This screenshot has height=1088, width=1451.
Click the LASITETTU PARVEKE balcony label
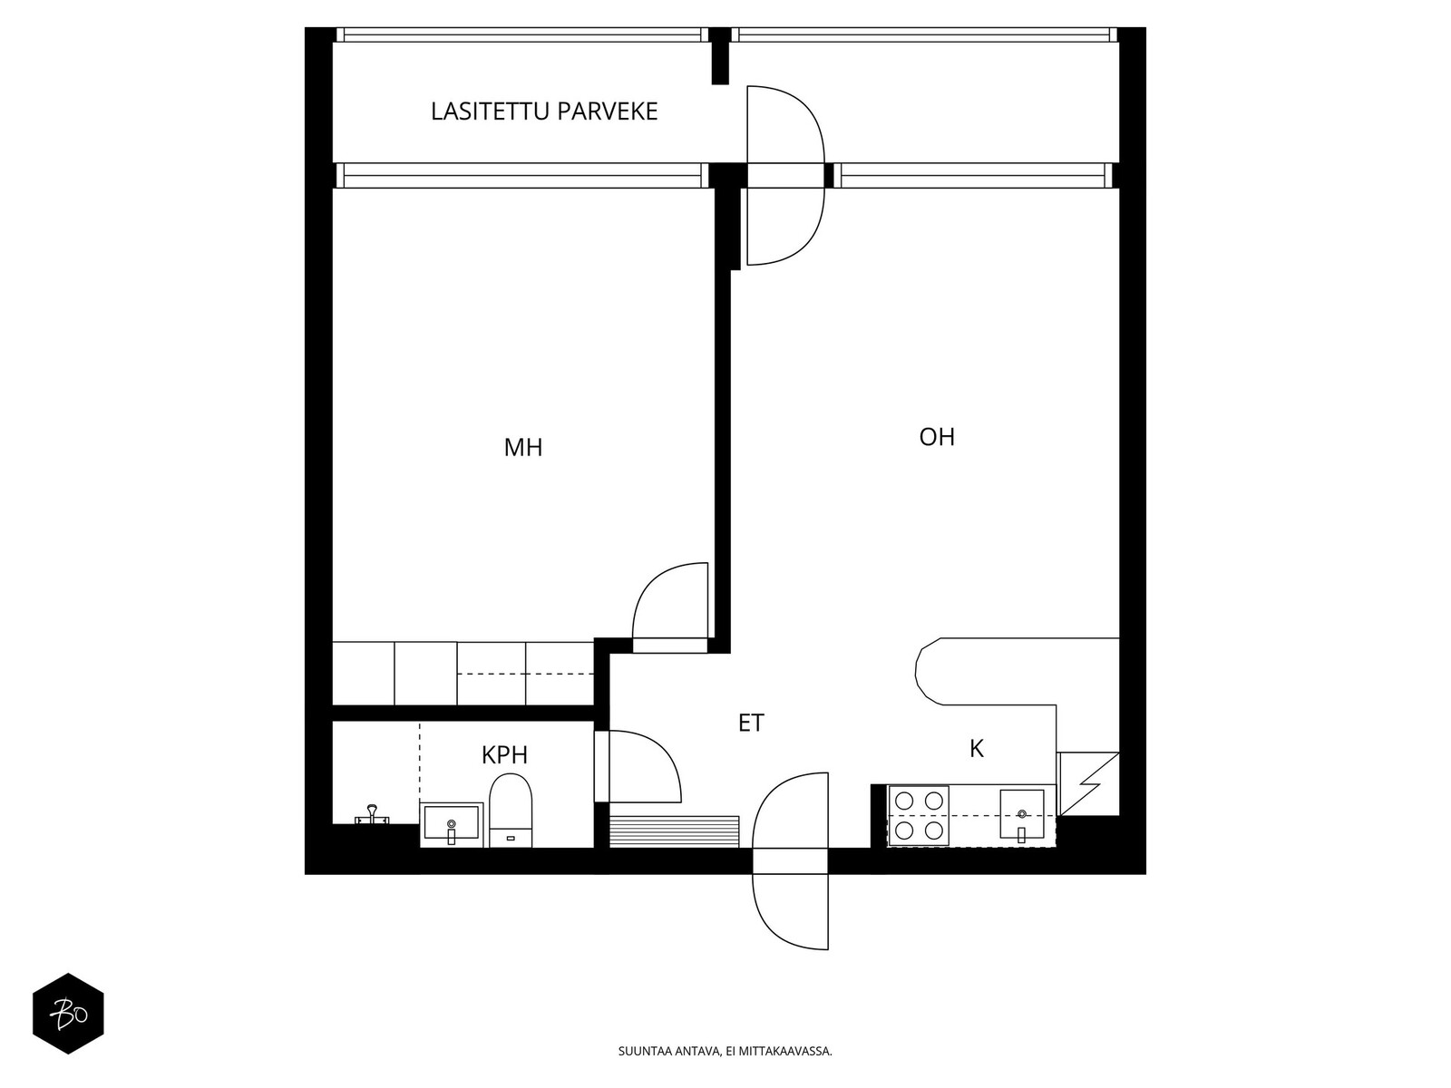click(543, 111)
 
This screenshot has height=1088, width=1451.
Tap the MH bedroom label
click(523, 447)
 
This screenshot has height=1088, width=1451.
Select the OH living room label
click(937, 437)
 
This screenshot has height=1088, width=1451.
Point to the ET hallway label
click(751, 723)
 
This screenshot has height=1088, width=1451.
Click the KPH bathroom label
click(504, 755)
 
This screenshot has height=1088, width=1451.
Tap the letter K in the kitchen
click(977, 749)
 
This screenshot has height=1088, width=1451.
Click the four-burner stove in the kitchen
click(918, 815)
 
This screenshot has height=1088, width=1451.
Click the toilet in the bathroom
click(511, 811)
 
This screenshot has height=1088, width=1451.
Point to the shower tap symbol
click(372, 813)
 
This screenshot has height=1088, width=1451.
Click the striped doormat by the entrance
click(674, 831)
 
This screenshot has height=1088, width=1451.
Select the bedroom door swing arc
click(651, 581)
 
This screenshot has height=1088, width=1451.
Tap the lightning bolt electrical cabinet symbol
click(1088, 784)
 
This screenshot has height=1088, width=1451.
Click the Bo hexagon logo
click(68, 1014)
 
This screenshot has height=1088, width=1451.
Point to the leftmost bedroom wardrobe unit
click(363, 673)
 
